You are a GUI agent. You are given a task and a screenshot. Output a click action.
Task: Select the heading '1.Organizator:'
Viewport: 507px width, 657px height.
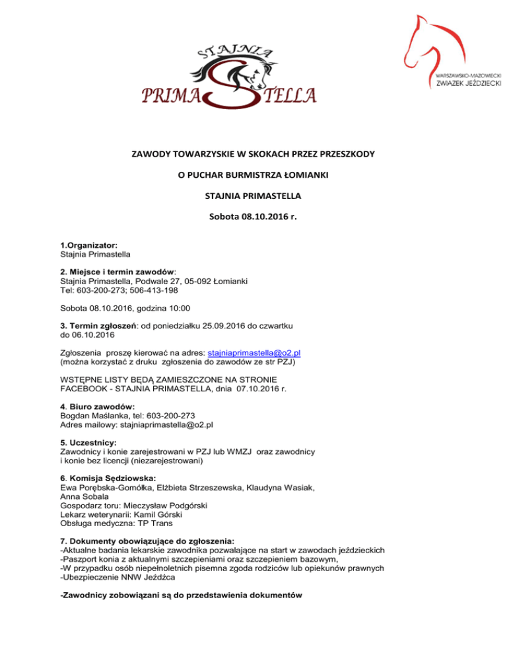[x=89, y=262]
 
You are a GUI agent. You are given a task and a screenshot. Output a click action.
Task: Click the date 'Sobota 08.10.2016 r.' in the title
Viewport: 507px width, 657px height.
[x=253, y=215]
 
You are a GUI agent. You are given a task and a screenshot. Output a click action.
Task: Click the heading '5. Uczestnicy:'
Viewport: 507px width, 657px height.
[x=88, y=442]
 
